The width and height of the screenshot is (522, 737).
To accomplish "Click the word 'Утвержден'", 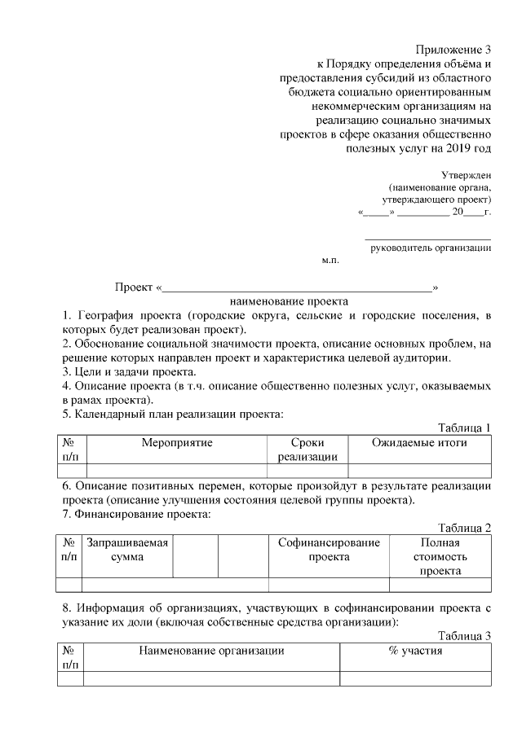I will click(x=466, y=174).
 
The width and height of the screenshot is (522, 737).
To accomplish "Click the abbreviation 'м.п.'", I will click(x=330, y=261).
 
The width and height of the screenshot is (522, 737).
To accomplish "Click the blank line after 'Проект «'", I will click(x=297, y=287).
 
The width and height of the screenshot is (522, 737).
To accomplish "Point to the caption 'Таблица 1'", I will click(x=464, y=428).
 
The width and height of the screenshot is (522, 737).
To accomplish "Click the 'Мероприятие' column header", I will click(x=176, y=442).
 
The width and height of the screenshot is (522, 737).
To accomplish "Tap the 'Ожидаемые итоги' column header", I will click(x=419, y=442).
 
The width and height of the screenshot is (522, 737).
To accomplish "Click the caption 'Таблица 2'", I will click(x=464, y=528).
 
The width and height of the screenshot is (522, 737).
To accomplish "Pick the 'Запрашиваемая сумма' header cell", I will click(x=127, y=550).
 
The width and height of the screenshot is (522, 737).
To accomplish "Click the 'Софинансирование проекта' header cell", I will click(x=329, y=550).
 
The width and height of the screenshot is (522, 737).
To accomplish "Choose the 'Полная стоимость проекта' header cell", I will click(x=440, y=557).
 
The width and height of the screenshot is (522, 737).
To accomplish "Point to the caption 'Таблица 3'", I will click(x=464, y=635).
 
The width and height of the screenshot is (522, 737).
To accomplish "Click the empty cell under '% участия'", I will click(x=415, y=678).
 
